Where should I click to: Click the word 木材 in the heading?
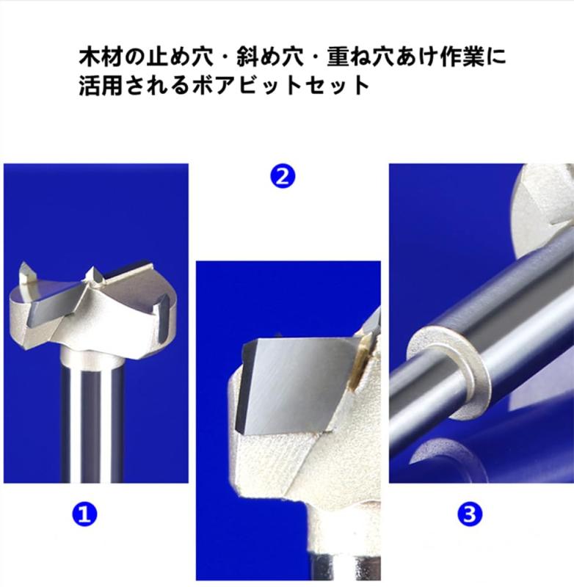[x=95, y=56]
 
